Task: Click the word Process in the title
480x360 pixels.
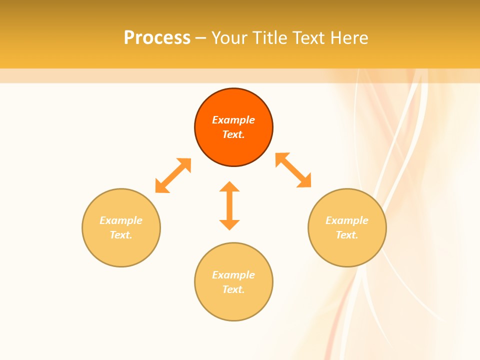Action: click(x=157, y=38)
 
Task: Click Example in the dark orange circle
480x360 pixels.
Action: click(x=233, y=120)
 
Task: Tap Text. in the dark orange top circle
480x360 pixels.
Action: click(x=233, y=134)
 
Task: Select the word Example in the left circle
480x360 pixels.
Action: click(x=121, y=220)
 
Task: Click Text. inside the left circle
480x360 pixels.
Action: click(x=121, y=235)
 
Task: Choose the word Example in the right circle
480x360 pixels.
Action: click(x=347, y=220)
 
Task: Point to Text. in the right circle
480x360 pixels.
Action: click(x=347, y=235)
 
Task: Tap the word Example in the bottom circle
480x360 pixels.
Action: click(x=233, y=275)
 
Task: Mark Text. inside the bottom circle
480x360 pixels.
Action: click(x=233, y=289)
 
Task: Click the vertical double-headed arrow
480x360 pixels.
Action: click(x=229, y=205)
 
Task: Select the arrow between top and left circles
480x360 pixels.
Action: click(x=173, y=175)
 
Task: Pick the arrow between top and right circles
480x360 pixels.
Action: click(x=293, y=170)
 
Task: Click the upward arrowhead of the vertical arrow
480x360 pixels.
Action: click(x=229, y=186)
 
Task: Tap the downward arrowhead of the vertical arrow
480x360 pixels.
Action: click(x=229, y=224)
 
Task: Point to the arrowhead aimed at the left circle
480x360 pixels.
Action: click(x=160, y=187)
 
